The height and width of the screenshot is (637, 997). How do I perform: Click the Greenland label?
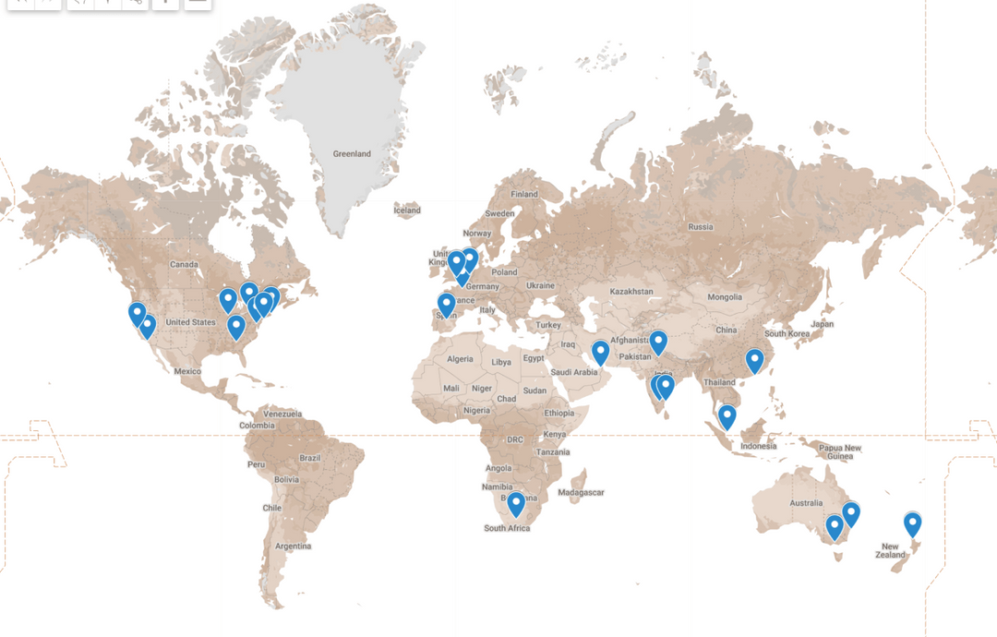click(352, 154)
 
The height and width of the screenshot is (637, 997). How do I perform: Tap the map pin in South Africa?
click(516, 504)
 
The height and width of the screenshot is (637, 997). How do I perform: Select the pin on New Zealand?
click(913, 524)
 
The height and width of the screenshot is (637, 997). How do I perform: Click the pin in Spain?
click(446, 304)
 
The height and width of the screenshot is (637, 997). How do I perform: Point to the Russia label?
click(701, 226)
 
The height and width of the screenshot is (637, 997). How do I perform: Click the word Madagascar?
click(582, 492)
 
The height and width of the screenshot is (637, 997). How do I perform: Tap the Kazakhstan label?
click(631, 292)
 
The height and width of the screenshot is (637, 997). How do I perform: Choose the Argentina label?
click(293, 547)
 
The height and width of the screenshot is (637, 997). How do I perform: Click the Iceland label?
click(407, 210)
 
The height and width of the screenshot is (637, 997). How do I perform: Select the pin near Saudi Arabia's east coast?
click(600, 352)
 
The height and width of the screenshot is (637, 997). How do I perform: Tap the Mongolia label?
click(724, 297)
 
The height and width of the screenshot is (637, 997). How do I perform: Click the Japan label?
click(822, 324)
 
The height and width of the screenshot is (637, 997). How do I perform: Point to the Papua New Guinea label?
click(840, 452)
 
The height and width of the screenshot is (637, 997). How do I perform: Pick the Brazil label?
click(309, 458)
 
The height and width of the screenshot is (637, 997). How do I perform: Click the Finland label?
click(524, 195)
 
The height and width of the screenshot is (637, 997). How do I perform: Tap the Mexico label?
click(187, 371)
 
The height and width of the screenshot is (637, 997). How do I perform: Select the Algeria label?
click(460, 359)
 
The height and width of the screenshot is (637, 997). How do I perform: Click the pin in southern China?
click(755, 360)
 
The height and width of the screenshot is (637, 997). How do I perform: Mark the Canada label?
click(184, 265)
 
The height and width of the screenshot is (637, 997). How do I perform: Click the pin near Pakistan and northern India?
click(658, 343)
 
